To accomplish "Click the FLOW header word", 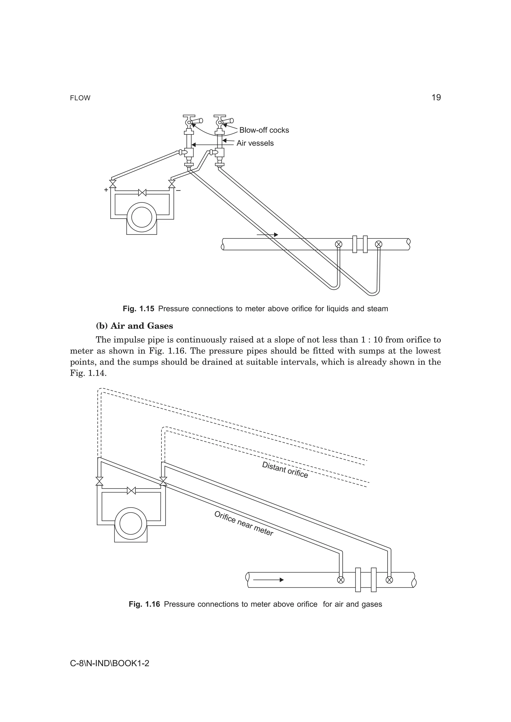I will pyautogui.click(x=80, y=98).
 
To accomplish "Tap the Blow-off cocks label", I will pyautogui.click(x=264, y=130).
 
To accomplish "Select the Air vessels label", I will pyautogui.click(x=255, y=144).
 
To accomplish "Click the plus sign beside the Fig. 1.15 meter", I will pyautogui.click(x=106, y=190).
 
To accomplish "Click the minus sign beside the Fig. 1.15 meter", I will pyautogui.click(x=178, y=191).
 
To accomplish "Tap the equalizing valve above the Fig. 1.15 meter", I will pyautogui.click(x=142, y=192).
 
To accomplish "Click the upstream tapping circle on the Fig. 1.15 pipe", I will pyautogui.click(x=339, y=244).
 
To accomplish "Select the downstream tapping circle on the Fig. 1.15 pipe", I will pyautogui.click(x=379, y=244).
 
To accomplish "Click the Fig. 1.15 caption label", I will pyautogui.click(x=138, y=309).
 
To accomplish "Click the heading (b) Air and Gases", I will pyautogui.click(x=134, y=326).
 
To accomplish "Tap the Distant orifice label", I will pyautogui.click(x=285, y=470).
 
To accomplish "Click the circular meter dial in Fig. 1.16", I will pyautogui.click(x=131, y=523).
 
